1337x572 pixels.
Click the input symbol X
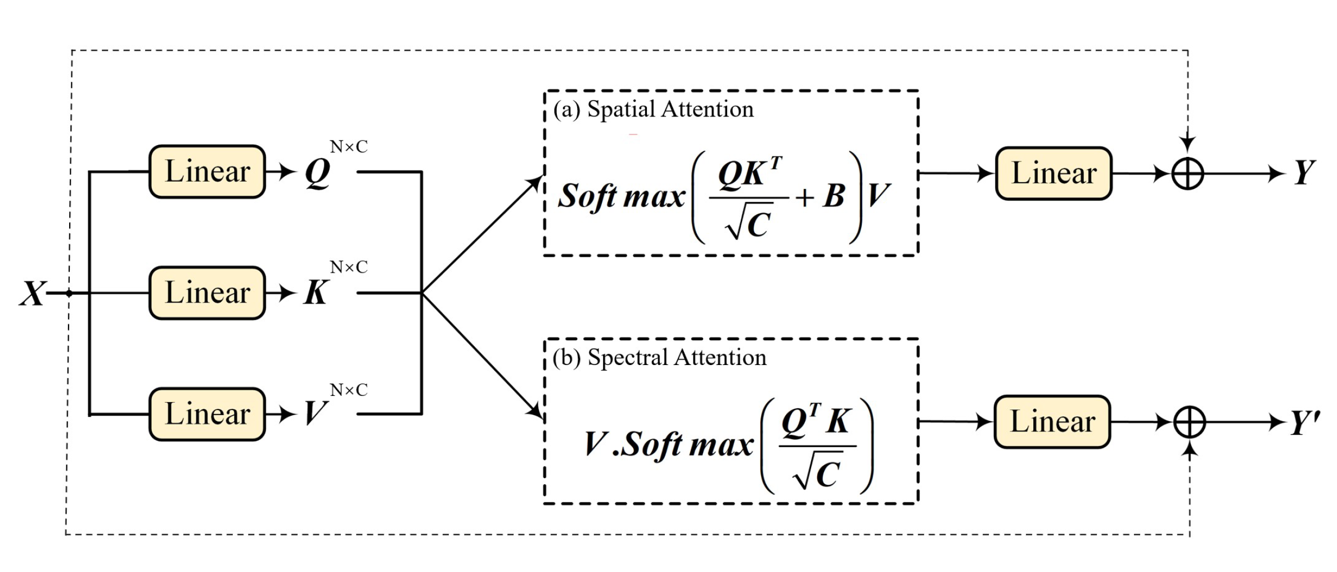33,294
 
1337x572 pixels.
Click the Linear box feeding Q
207,172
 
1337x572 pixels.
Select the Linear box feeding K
207,293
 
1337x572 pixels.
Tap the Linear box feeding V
207,415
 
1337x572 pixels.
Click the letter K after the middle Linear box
316,293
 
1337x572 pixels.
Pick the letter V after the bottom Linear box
314,415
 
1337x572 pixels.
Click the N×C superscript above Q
349,147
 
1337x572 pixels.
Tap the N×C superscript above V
349,390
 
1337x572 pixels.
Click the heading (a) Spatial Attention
653,109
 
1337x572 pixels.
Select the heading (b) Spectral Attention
659,358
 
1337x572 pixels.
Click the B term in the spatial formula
834,196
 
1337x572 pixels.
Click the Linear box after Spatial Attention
1054,173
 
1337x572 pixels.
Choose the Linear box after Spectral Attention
1052,422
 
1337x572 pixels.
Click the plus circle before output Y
1187,174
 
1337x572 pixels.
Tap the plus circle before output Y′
1190,422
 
